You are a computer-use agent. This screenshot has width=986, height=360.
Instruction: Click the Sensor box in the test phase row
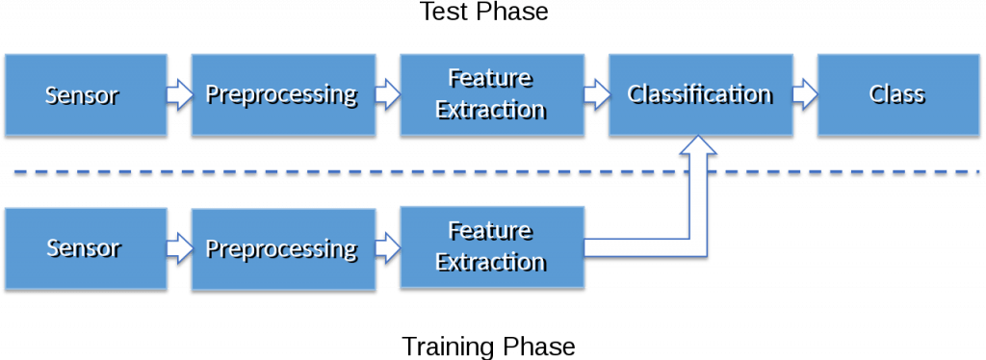83,94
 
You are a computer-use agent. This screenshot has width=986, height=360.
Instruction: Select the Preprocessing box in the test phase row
281,94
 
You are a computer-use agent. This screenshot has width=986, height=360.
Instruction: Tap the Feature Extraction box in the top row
491,94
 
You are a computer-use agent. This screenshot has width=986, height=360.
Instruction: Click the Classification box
699,94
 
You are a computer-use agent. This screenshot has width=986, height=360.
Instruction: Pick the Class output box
895,94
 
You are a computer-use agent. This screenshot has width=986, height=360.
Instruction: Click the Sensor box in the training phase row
83,248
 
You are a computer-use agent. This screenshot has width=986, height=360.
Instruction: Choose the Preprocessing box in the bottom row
281,248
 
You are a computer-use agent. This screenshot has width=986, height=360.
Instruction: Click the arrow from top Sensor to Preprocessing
177,95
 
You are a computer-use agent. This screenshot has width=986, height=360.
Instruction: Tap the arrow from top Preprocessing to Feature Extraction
386,95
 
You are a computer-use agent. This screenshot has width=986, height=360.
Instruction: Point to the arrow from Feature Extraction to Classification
596,95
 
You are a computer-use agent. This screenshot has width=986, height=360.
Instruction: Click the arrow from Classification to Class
804,95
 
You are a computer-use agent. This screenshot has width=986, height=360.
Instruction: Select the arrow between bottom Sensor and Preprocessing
177,249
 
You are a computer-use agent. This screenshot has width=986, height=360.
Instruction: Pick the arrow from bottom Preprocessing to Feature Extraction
386,249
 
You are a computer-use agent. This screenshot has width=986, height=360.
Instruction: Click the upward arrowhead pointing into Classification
700,149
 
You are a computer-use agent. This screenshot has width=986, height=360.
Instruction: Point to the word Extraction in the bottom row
491,262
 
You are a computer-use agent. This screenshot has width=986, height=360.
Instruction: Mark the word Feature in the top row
491,79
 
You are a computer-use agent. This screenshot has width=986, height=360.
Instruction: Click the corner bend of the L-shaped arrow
700,247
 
